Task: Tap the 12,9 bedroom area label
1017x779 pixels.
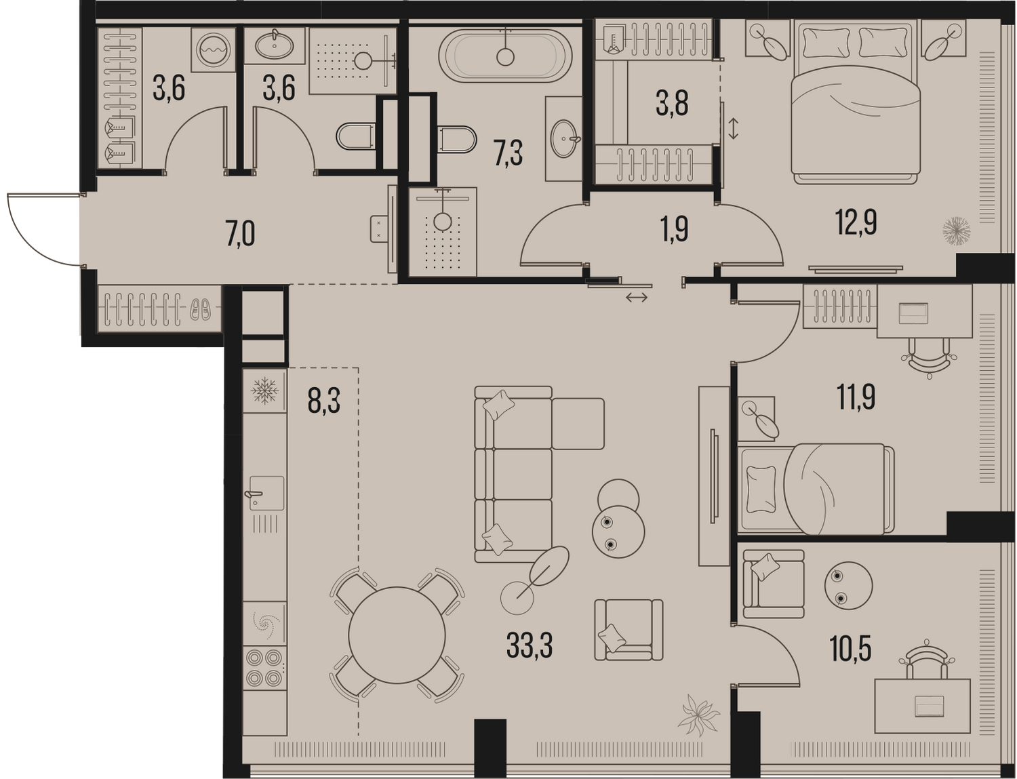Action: [x=856, y=222]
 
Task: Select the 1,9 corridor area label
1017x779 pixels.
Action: [x=675, y=230]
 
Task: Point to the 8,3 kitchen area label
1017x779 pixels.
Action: [x=324, y=401]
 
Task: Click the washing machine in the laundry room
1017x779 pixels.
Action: [x=213, y=49]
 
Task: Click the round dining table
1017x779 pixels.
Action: [x=397, y=635]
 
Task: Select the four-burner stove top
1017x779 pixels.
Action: [x=264, y=667]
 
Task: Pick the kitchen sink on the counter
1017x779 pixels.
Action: [x=266, y=493]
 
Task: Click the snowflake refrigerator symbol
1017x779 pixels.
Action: [x=265, y=391]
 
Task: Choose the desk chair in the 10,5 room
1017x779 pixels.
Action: [x=926, y=660]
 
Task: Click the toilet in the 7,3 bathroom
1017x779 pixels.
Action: [x=457, y=139]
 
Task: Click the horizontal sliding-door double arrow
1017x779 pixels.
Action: [x=637, y=297]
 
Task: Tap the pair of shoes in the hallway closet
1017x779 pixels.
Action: [x=200, y=310]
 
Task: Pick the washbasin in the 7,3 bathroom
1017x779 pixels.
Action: [x=565, y=140]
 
